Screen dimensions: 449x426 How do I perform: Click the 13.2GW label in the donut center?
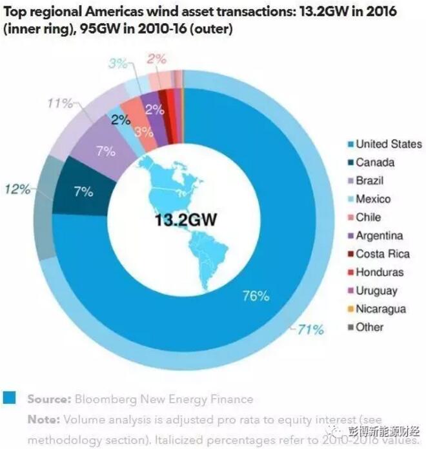coord(186,220)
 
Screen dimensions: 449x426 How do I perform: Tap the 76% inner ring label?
coord(256,296)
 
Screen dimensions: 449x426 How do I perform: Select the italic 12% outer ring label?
coord(17,189)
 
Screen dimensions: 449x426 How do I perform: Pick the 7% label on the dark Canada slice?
coord(83,192)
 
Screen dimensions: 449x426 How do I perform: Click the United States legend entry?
coord(388,144)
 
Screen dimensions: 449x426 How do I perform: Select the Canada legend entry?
coord(375,162)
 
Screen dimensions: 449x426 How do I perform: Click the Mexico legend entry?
coord(373,199)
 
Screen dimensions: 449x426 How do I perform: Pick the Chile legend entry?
coord(368,217)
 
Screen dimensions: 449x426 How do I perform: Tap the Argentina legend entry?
coord(379,235)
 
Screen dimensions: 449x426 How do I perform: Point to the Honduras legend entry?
coord(380,272)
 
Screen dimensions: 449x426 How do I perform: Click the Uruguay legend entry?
coord(376,290)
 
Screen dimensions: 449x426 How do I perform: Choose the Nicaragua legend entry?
coord(381,308)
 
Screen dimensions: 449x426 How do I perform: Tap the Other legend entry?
coord(369,327)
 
